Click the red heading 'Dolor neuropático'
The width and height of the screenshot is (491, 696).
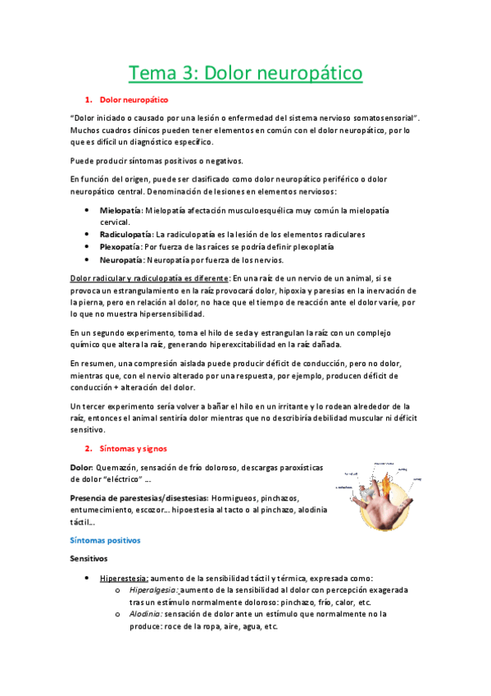pyautogui.click(x=133, y=99)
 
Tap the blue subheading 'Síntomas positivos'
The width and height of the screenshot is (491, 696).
pyautogui.click(x=106, y=540)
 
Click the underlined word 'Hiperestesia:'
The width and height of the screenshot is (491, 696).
pyautogui.click(x=125, y=578)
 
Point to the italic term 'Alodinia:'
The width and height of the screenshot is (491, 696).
pyautogui.click(x=148, y=614)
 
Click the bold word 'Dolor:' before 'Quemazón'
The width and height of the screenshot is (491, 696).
pyautogui.click(x=83, y=467)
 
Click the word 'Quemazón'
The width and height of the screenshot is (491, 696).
pyautogui.click(x=120, y=467)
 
